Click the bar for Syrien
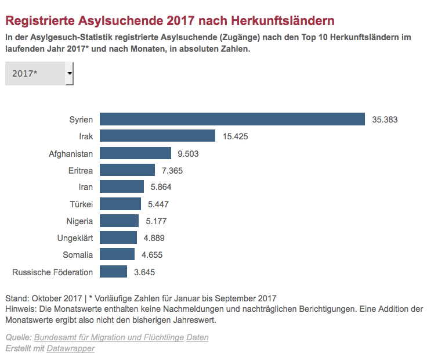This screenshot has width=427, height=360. tap(232, 119)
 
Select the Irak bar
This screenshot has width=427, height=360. tap(157, 136)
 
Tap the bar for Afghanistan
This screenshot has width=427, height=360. tap(135, 153)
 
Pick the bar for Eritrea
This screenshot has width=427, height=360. tap(127, 170)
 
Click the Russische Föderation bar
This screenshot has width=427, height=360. tap(113, 272)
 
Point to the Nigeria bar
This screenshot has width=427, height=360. tap(119, 221)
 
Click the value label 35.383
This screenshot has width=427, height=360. tap(385, 120)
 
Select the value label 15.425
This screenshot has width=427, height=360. tap(236, 136)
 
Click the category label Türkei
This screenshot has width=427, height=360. tap(81, 204)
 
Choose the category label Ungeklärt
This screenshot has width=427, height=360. tap(75, 238)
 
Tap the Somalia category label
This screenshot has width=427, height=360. tap(78, 255)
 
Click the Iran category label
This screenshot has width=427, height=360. tap(85, 187)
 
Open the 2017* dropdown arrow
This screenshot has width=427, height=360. tap(70, 74)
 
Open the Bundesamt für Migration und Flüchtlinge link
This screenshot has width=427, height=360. tap(108, 337)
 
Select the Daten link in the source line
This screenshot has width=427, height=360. tap(197, 337)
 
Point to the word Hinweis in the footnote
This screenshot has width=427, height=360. tap(19, 309)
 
